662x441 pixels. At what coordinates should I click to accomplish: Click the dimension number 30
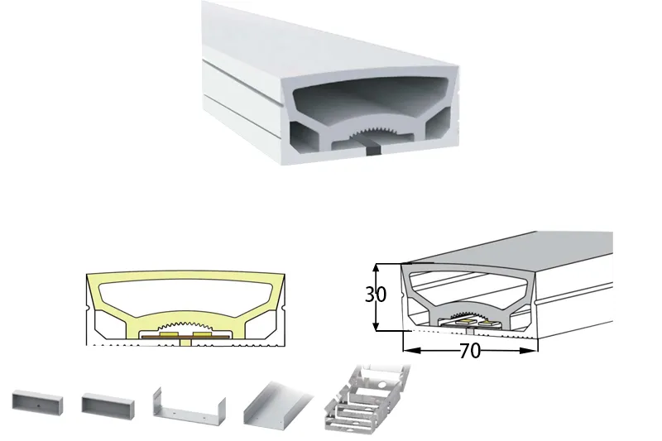[376, 295]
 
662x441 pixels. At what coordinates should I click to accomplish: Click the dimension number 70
[469, 350]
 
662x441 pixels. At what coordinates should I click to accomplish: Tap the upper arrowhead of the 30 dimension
[377, 268]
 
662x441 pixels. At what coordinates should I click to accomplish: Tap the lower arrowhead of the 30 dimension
[377, 326]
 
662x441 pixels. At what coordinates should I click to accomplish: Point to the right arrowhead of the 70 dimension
[529, 350]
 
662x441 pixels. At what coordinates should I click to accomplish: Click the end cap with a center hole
[37, 403]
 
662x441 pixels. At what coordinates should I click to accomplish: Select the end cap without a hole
[108, 404]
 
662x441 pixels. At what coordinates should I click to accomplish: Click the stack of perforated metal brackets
[367, 399]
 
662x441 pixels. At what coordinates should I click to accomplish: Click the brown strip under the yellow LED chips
[185, 338]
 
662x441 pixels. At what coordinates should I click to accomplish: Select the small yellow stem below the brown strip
[185, 343]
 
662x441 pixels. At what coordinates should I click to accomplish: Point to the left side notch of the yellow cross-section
[88, 310]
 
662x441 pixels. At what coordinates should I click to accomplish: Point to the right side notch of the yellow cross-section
[284, 310]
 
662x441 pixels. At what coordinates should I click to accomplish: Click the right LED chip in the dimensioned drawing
[489, 324]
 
